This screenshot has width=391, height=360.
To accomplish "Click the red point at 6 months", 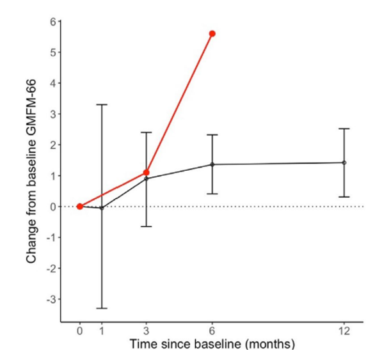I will click(x=212, y=33).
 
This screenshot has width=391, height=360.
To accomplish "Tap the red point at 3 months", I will click(x=147, y=173).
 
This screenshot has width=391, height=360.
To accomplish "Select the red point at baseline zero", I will click(x=79, y=207).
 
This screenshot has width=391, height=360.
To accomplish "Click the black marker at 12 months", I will click(x=344, y=162).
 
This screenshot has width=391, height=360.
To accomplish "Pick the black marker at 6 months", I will click(x=212, y=164).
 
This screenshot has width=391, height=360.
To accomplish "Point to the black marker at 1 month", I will click(x=101, y=208).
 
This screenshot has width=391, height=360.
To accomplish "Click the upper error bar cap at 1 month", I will click(x=101, y=104).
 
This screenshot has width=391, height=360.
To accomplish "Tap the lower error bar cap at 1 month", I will click(x=101, y=308).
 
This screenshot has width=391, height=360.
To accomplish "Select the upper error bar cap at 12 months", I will click(x=344, y=129).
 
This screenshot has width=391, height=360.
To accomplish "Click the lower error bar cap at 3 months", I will click(x=147, y=226).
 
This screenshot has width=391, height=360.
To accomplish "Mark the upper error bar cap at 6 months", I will click(x=212, y=135).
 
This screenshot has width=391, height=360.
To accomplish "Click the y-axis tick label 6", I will click(x=52, y=22).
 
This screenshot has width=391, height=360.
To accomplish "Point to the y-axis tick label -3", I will click(x=51, y=299).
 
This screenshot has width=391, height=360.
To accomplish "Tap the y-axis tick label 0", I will click(x=52, y=207).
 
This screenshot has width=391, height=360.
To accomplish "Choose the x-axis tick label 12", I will click(x=344, y=333).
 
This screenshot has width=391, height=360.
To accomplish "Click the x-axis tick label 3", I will click(x=147, y=333).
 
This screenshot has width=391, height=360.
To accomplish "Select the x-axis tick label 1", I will click(x=101, y=333).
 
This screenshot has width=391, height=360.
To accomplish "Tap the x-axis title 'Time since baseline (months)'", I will click(x=212, y=345).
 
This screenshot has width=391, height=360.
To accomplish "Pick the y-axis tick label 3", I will click(x=52, y=114).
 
